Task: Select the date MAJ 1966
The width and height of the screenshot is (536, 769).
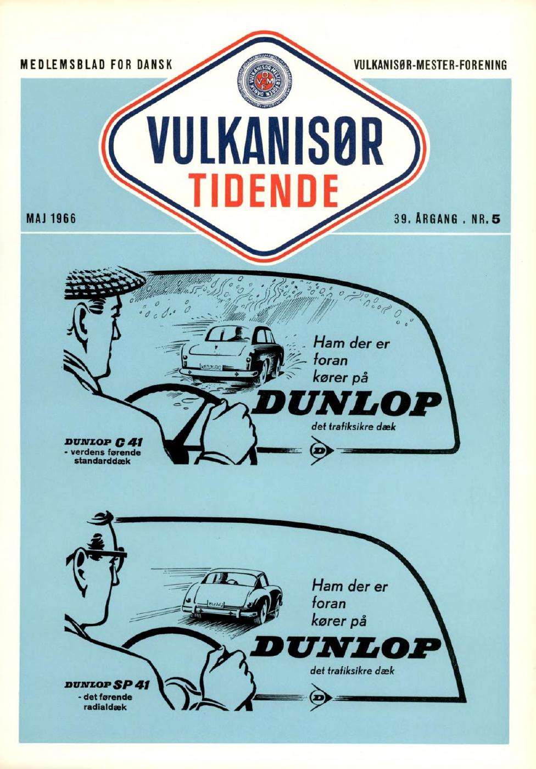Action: (x=51, y=218)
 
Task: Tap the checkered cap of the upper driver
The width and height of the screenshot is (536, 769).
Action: (x=105, y=286)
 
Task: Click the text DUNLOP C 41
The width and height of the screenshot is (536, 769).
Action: (x=104, y=442)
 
